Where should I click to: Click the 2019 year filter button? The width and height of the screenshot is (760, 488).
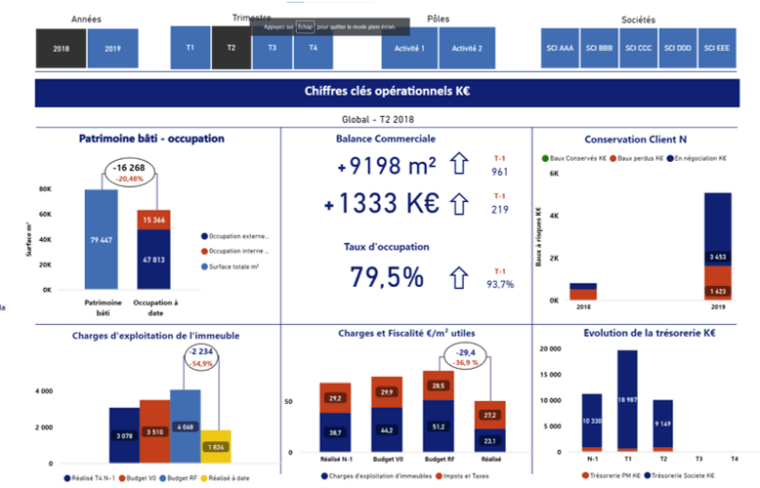[112, 48]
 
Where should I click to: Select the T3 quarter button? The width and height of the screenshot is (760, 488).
[273, 48]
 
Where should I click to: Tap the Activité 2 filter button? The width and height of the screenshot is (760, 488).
[467, 48]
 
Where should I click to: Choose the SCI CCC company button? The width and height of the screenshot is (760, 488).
[640, 48]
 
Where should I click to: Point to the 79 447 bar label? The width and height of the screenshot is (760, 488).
[101, 240]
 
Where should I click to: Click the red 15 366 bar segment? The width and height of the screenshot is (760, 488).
[153, 221]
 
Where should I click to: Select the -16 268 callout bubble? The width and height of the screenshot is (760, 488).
[130, 172]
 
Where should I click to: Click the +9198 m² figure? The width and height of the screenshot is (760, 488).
[387, 167]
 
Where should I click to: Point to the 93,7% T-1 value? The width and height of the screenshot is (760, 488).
[500, 284]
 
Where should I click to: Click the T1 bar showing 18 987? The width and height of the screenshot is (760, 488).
[627, 400]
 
